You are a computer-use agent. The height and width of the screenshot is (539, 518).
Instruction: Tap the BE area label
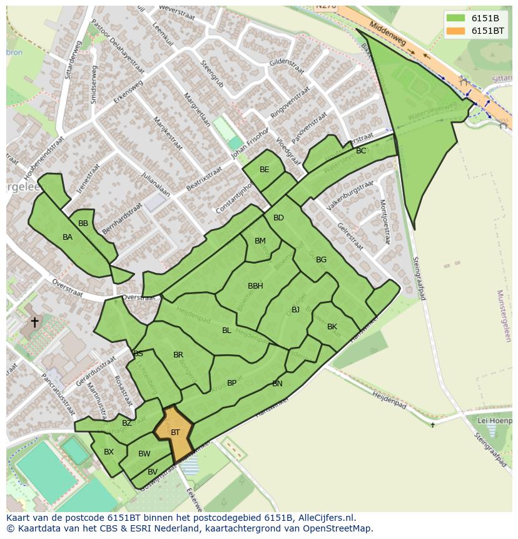click(264, 170)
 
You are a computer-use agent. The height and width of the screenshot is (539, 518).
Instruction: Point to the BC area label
click(361, 151)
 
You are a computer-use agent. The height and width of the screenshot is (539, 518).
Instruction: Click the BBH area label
click(255, 286)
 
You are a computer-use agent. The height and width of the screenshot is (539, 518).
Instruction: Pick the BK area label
click(332, 327)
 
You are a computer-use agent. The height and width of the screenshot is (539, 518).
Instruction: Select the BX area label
click(109, 452)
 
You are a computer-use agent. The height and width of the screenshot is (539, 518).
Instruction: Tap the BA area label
click(68, 237)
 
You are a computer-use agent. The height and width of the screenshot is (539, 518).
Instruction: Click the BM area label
click(260, 241)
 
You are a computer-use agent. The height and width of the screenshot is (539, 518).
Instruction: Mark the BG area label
click(321, 260)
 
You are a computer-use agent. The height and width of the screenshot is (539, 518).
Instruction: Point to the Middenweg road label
click(388, 34)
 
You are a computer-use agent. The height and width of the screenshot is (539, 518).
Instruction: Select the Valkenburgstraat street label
click(350, 195)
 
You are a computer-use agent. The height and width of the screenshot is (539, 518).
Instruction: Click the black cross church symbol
click(34, 322)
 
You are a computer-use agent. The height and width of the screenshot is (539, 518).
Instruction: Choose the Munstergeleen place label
click(503, 316)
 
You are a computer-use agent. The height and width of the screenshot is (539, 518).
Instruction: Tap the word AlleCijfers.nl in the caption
click(327, 518)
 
